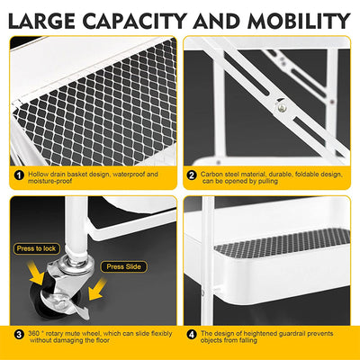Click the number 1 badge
coord(18,176)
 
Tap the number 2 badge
coord(192,176)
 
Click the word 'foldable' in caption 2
coord(314,173)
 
